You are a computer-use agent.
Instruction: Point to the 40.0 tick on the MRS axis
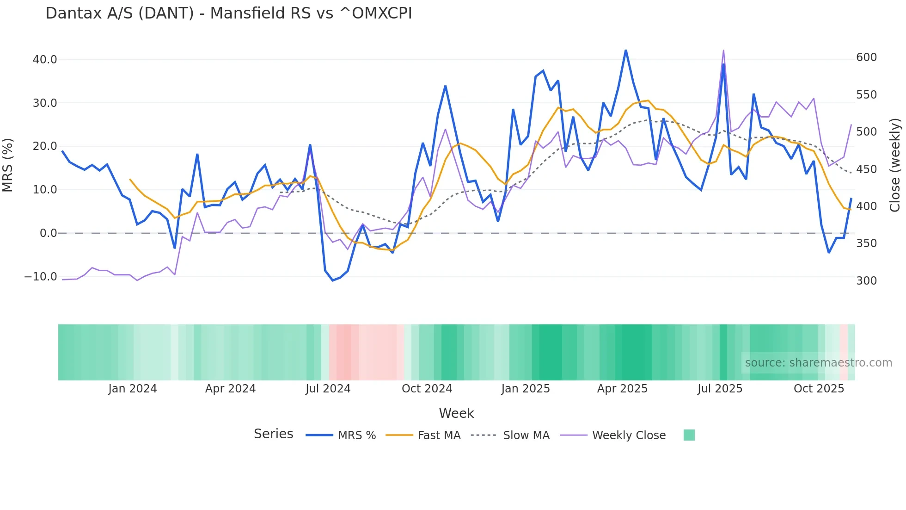coord(45,59)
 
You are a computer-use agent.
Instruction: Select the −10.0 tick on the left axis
coord(41,277)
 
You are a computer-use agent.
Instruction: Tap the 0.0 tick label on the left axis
coord(49,233)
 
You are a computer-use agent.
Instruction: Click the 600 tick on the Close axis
coord(866,57)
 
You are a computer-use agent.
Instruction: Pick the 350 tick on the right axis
coord(866,243)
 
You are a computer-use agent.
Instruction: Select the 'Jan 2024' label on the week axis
coord(133,389)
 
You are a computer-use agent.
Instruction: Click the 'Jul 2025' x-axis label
coord(720,389)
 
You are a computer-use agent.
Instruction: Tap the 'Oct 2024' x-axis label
coord(427,389)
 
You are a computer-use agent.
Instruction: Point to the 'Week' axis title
coord(456,413)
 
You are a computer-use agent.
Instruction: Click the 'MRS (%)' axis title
coord(8,165)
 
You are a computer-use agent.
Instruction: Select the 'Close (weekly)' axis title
coord(895,165)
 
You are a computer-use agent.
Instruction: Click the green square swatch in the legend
coord(689,435)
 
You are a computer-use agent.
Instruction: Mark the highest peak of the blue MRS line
coord(626,50)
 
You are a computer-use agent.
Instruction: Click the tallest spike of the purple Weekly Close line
coord(723,50)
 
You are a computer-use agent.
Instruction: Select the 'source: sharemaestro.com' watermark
coord(818,363)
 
